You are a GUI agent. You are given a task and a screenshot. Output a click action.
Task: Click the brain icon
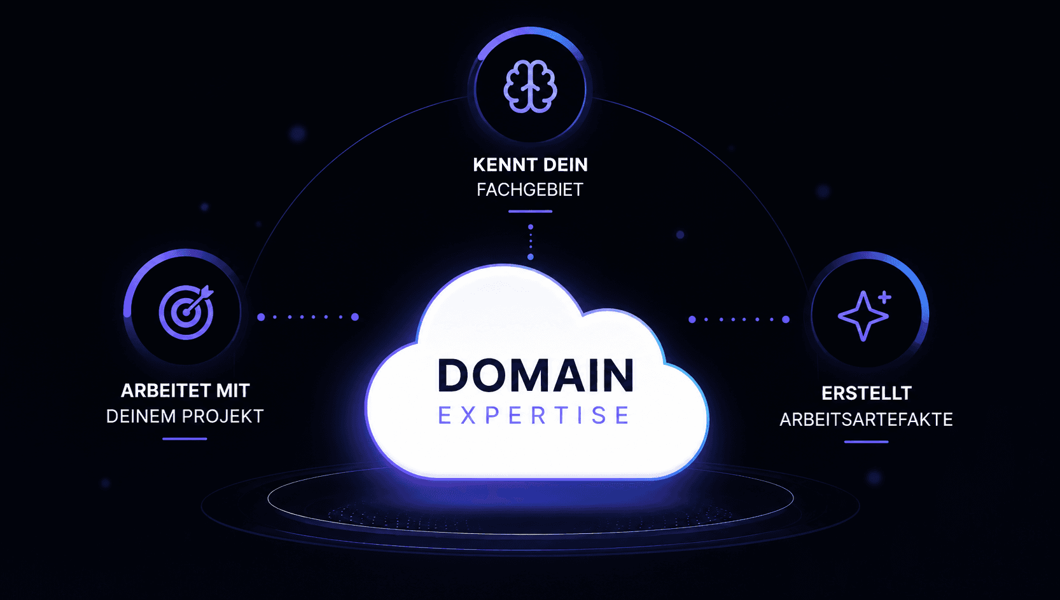(530, 86)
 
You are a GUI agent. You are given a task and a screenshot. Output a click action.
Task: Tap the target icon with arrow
(186, 312)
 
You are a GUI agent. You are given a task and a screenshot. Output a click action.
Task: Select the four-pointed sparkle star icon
(863, 316)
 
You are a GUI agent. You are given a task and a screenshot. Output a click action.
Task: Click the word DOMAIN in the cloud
(536, 376)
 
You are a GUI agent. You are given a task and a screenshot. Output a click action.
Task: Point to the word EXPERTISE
(534, 415)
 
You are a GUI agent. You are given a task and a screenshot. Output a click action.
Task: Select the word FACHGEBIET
(530, 190)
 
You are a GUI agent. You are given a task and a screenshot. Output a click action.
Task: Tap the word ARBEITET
(165, 391)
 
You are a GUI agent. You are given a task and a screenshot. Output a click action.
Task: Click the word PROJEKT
(223, 416)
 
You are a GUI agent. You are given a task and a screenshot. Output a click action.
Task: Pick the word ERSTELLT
(867, 393)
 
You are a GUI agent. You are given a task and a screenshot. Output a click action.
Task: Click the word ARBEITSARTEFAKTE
(866, 420)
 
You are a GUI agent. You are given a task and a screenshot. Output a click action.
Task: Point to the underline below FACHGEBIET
(530, 212)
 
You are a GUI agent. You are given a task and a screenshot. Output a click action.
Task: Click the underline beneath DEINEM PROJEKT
(185, 439)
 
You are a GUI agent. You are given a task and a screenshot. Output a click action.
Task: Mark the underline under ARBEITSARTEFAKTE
(866, 442)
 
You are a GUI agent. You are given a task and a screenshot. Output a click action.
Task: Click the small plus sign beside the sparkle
(884, 297)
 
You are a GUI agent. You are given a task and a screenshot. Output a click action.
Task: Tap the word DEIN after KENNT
(566, 165)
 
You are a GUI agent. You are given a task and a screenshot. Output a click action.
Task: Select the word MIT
(233, 391)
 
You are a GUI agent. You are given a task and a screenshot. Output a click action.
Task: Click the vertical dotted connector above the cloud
(531, 242)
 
